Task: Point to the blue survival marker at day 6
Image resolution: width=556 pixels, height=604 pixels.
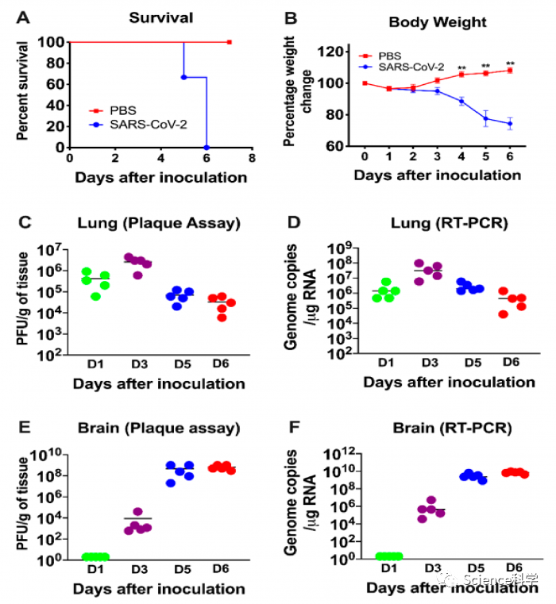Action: [x=207, y=147]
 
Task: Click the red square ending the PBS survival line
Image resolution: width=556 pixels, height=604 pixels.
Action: [x=229, y=41]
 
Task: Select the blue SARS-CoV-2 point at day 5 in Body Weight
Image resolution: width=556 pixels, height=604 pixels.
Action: [x=485, y=118]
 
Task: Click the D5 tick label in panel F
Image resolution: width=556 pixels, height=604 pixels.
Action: [x=475, y=568]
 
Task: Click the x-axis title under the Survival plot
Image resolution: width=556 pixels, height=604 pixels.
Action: [x=161, y=176]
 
